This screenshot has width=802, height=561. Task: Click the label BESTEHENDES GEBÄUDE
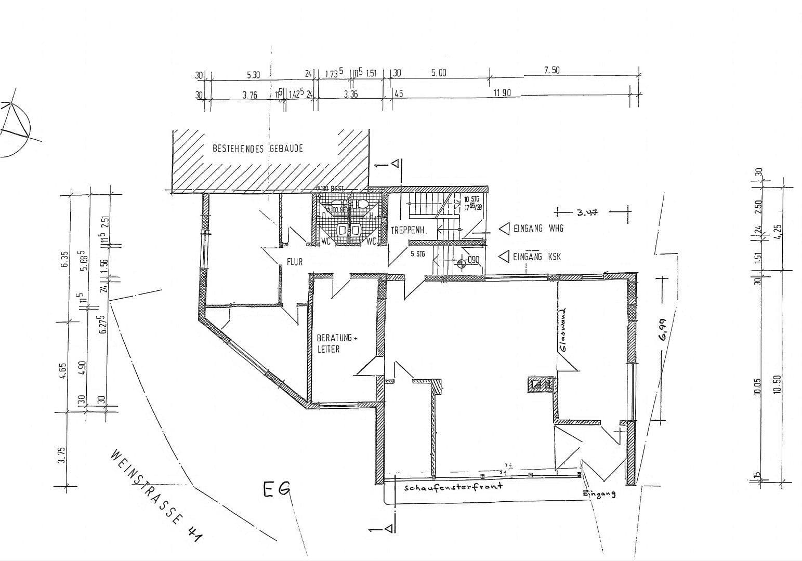tap(257, 149)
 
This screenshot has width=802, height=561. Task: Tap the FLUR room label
tap(294, 262)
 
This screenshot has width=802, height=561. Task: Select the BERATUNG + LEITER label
tap(337, 343)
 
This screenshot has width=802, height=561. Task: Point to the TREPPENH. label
tap(409, 231)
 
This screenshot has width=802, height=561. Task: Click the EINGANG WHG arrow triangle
tap(503, 229)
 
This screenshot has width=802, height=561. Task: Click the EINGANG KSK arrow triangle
tap(503, 257)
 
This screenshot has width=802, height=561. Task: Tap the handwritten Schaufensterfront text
tap(453, 487)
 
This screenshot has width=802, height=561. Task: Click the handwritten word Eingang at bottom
tap(599, 493)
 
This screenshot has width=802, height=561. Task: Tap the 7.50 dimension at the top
tap(551, 71)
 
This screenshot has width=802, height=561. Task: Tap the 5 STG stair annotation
tap(417, 254)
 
